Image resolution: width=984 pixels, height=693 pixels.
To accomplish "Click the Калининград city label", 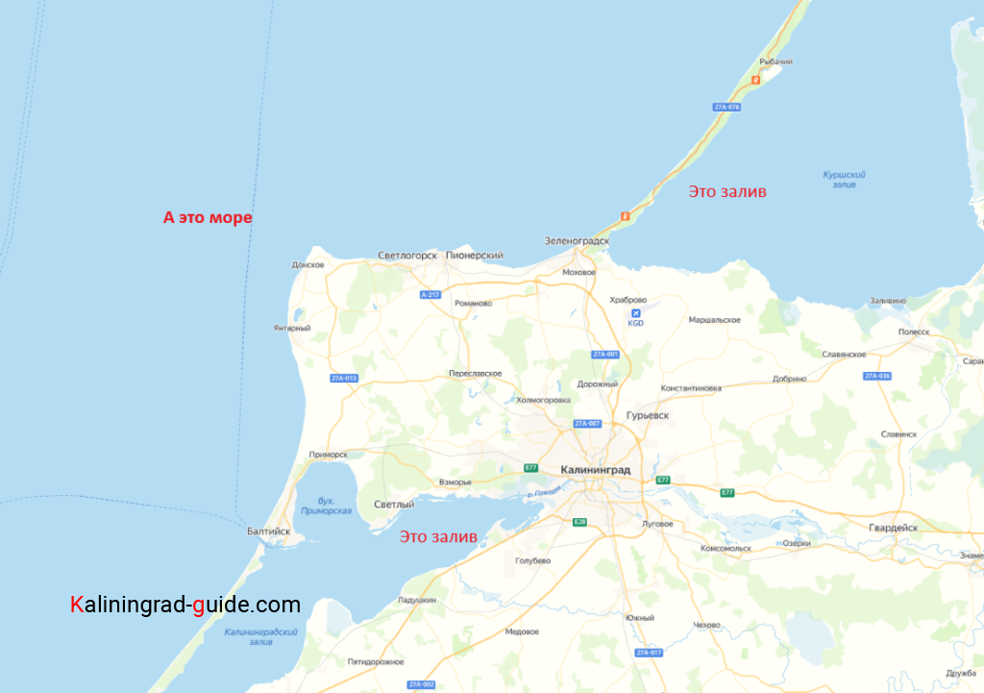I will coord(595,469).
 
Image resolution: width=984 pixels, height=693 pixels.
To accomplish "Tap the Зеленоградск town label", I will coord(577,240).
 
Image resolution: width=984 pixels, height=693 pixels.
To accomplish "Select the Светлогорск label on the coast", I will coord(407,256).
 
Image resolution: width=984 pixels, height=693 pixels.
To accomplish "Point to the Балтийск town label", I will coord(268,531).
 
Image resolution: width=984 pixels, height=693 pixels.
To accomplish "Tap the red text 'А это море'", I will coord(208,218).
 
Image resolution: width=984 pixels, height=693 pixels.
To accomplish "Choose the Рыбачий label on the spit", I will coord(775,62).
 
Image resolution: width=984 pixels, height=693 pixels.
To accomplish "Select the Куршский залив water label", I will coord(845,179).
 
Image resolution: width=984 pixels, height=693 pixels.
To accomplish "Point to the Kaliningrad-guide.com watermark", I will coord(185,606).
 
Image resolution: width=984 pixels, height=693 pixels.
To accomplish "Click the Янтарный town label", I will coord(292,328).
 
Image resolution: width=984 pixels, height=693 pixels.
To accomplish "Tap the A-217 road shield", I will coord(430,295).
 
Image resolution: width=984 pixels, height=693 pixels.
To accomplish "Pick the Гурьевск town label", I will coord(647,415).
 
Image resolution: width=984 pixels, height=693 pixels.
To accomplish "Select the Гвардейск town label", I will coord(893,528).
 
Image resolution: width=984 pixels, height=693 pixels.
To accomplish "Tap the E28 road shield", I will coord(579,522).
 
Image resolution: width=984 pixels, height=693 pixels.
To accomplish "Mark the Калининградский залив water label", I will coord(260,637).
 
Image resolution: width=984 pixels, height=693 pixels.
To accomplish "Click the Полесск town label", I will coord(914,332).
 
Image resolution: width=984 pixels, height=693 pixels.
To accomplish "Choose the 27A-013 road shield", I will coord(344,378).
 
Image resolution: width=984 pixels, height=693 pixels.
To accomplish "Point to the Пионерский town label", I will coord(475,256).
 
